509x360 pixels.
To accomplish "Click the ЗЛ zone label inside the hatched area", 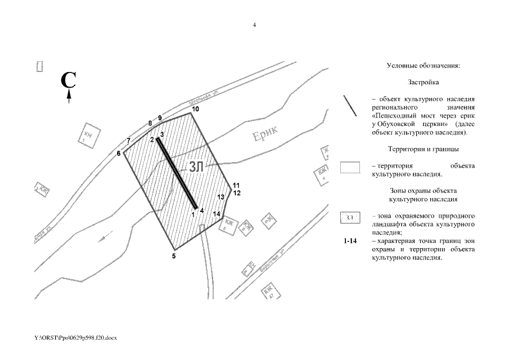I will tap(196, 167).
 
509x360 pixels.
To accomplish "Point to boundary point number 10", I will tap(195, 108).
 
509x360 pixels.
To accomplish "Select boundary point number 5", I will tap(174, 256).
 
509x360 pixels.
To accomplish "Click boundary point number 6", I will tap(119, 153).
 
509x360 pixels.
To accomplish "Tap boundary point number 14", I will tap(217, 214).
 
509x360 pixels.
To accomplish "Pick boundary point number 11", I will tap(236, 185).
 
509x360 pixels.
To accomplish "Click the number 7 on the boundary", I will tap(129, 140).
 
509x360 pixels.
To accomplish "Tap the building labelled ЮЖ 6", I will tap(227, 226).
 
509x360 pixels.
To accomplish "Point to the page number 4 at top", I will tap(254, 24).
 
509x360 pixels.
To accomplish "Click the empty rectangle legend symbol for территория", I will tap(350, 168).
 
